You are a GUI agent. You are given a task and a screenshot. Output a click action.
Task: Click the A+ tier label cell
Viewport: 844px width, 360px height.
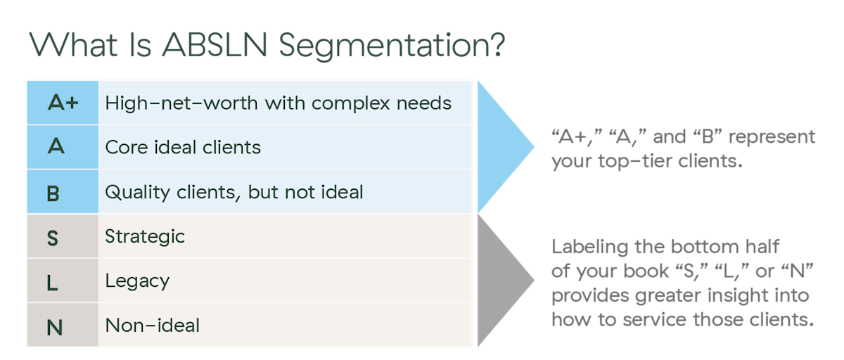point(63,103)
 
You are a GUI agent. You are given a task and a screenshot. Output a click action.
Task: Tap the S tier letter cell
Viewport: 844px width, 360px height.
point(53,238)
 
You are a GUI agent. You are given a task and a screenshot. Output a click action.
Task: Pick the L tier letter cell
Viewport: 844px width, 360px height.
point(53,282)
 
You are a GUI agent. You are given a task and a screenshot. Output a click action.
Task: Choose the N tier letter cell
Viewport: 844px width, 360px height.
point(53,327)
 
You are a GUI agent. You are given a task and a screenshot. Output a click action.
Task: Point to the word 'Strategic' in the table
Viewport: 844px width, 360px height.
point(145,236)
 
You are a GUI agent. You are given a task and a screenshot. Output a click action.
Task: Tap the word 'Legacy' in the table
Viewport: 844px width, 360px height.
point(137,281)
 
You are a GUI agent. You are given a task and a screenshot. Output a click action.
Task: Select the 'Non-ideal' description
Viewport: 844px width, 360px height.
point(152,326)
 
